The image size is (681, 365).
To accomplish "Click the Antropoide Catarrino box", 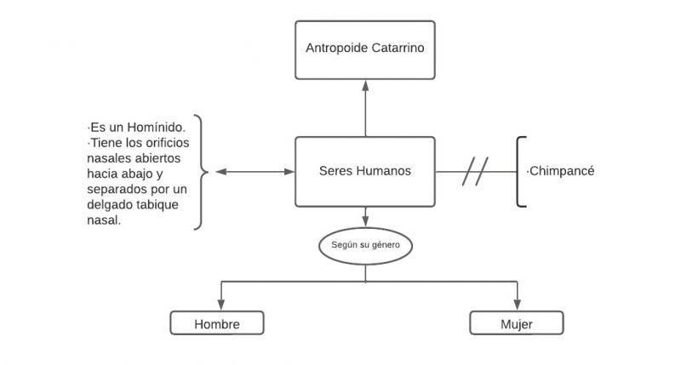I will [365, 48].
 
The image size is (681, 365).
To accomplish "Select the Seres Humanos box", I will [365, 171].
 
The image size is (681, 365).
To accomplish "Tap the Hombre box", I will [217, 323].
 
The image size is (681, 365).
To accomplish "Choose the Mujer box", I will [517, 323].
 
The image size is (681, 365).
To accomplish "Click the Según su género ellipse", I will [365, 246].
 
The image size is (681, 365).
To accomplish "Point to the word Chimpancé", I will [562, 171].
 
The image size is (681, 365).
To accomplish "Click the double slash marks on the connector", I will [475, 171].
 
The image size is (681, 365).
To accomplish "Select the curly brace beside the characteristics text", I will [201, 172].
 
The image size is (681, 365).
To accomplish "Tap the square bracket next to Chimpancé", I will [520, 171].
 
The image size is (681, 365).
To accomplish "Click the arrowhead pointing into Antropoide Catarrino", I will [365, 83].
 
